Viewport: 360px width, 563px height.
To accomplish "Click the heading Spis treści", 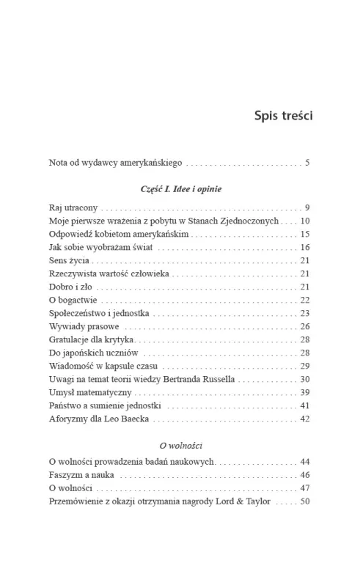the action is coord(282,115).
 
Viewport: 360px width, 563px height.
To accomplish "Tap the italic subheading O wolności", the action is coord(180,445).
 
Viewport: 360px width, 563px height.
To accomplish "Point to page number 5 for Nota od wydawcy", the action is coord(308,162).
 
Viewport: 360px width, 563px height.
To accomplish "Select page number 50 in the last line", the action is coord(305,502).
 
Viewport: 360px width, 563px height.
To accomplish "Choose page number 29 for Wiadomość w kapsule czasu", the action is coord(305,366).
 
